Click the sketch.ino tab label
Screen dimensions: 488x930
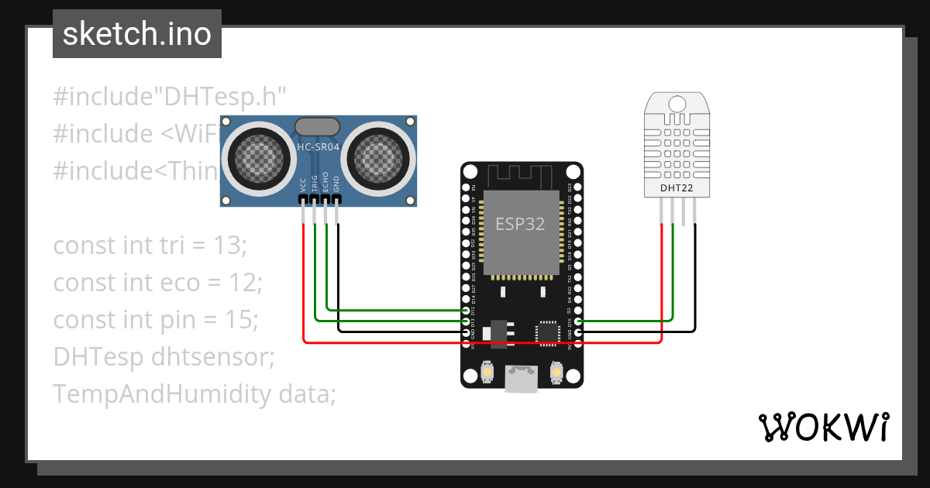click(x=136, y=34)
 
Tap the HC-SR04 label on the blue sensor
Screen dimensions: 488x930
click(x=318, y=146)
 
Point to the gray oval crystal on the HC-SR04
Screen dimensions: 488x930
click(x=318, y=126)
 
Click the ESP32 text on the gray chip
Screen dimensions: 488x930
click(x=520, y=225)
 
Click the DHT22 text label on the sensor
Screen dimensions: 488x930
click(x=677, y=187)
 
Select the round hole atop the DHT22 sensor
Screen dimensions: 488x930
click(x=677, y=103)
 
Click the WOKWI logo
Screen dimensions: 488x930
click(x=823, y=427)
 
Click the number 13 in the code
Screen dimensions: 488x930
click(x=229, y=246)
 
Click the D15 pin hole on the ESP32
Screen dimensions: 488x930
click(x=578, y=321)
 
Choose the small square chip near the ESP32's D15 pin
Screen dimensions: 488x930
click(x=548, y=332)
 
